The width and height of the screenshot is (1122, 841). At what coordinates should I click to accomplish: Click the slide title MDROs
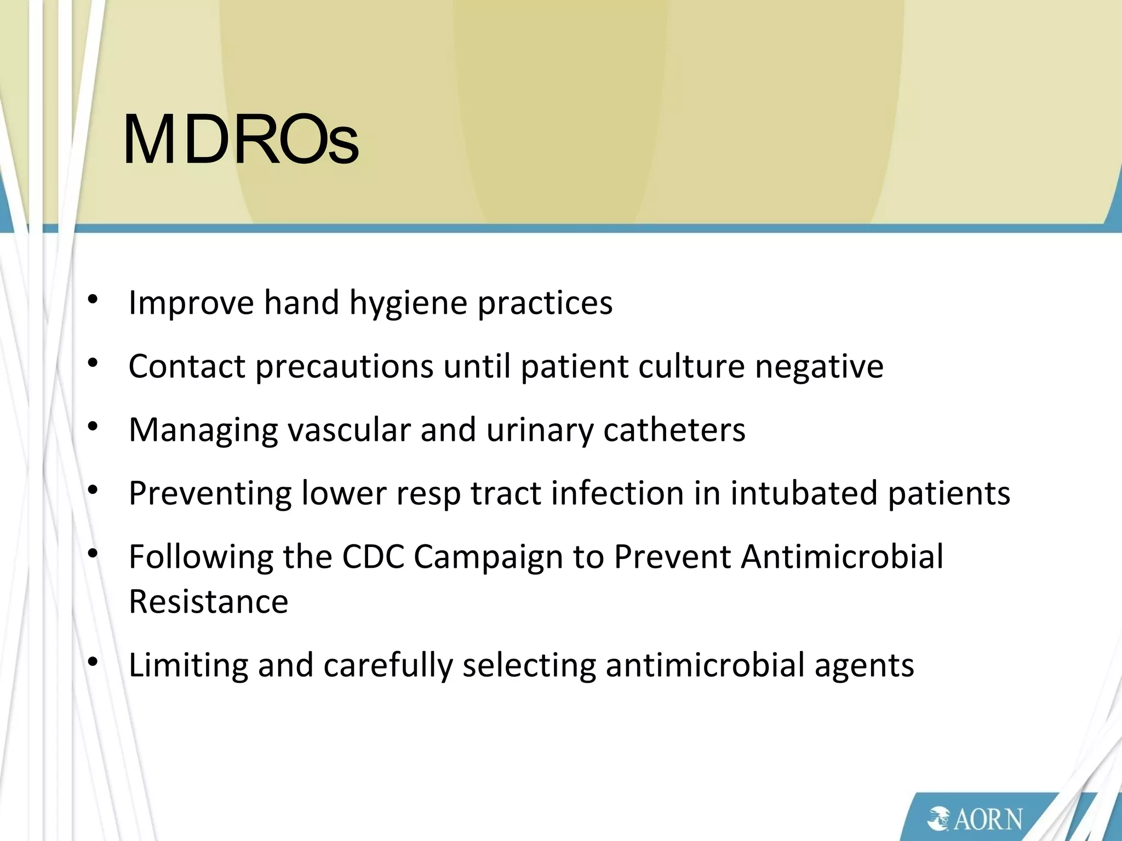click(241, 140)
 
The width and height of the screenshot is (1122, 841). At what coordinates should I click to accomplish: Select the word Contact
click(186, 366)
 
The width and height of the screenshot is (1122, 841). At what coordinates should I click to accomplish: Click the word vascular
click(348, 430)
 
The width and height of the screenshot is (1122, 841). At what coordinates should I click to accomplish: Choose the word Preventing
click(210, 493)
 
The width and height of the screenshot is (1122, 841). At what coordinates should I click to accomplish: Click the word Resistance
click(208, 602)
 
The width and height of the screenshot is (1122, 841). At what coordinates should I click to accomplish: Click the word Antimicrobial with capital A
click(841, 557)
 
